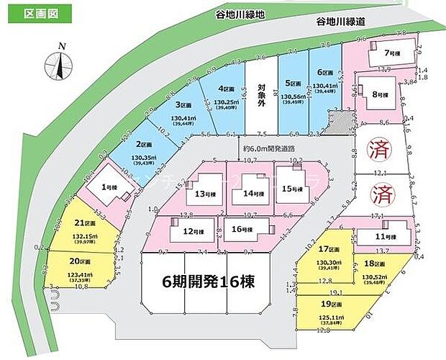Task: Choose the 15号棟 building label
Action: pos(251,193)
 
